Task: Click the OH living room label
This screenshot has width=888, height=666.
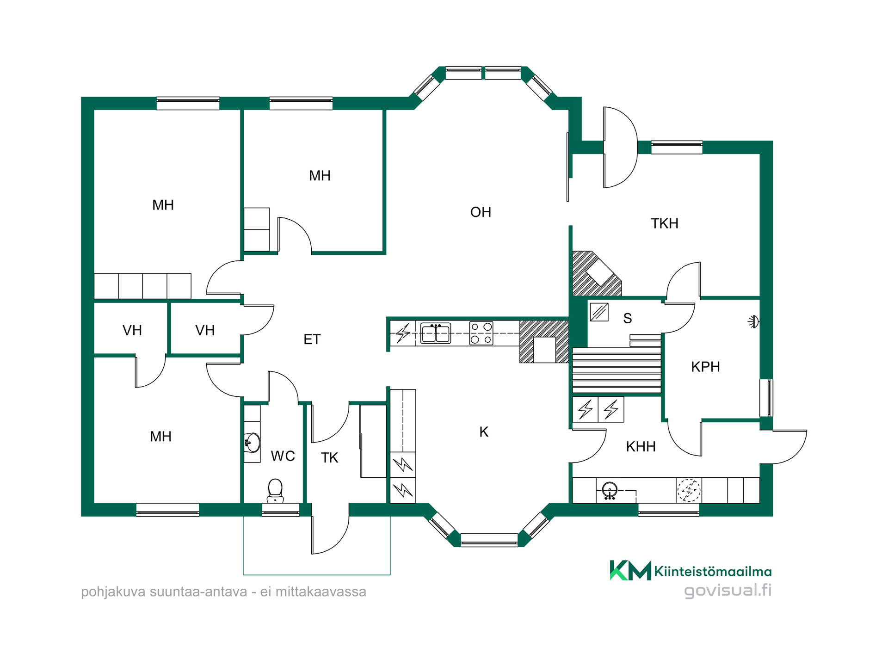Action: [x=481, y=212]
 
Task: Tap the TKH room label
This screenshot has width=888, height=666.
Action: [x=665, y=224]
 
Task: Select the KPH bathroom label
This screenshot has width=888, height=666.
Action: [x=705, y=367]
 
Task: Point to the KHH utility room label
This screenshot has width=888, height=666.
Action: [x=641, y=447]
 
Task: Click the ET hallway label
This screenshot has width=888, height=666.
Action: [x=312, y=339]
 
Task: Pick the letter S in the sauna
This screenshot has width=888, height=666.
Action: [x=627, y=318]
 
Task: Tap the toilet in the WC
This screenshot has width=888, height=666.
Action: [x=275, y=491]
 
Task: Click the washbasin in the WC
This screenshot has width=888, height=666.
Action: [x=252, y=443]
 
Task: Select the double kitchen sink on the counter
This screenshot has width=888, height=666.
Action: [x=435, y=333]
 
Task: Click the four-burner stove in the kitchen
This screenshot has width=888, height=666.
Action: [x=481, y=333]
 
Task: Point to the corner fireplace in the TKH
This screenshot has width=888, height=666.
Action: [x=597, y=273]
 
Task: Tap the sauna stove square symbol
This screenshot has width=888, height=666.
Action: [x=599, y=312]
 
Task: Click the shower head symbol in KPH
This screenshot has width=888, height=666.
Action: [x=754, y=321]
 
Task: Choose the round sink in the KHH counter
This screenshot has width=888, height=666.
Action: [x=610, y=490]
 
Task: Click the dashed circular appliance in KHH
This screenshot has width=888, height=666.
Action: [x=689, y=490]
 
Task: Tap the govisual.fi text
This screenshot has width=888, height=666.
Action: [x=728, y=591]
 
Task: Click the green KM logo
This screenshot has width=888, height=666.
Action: [x=630, y=570]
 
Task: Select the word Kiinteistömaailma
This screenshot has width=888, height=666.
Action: [x=713, y=572]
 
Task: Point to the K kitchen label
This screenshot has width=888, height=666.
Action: [x=484, y=432]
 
